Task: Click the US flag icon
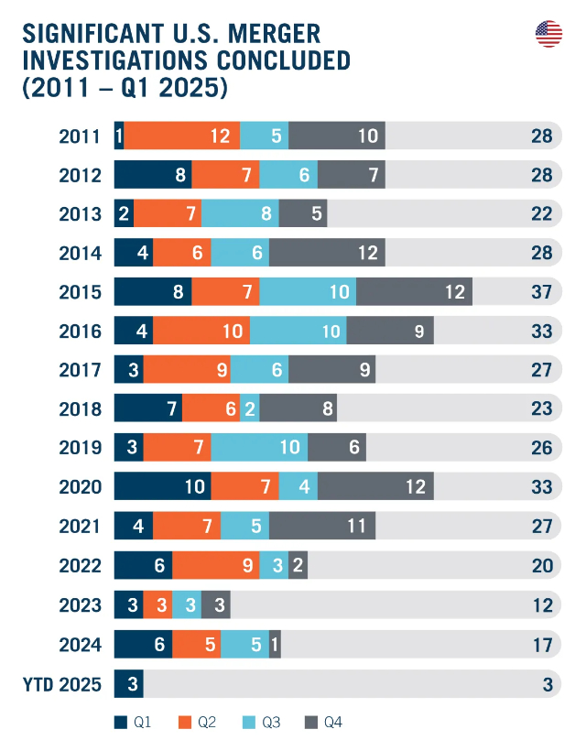548,35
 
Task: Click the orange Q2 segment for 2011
182,136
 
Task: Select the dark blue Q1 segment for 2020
162,485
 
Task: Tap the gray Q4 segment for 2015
414,291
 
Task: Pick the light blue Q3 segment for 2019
259,447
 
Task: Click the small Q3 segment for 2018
249,408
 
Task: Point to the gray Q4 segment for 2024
275,644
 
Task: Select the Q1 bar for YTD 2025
128,683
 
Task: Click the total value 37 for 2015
541,292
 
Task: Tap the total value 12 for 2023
541,605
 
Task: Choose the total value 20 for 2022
541,566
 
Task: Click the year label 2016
80,331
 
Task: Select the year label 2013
80,213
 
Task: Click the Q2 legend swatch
184,723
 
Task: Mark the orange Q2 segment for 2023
157,605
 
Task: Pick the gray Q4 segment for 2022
298,566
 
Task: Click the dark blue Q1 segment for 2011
119,136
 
